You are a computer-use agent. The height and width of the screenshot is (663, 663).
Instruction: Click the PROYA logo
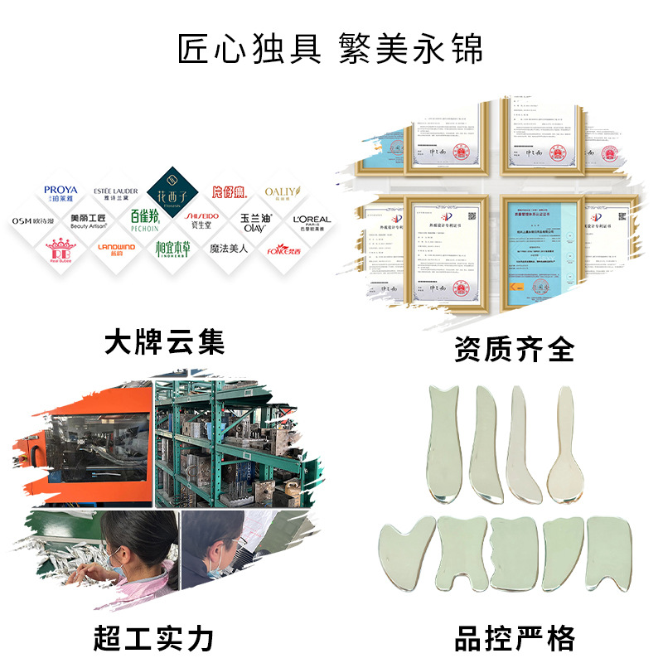[x=60, y=194]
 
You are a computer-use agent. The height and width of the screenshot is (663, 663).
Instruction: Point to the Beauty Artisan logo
[x=89, y=221]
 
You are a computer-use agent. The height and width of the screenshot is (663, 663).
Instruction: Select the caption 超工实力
[x=154, y=638]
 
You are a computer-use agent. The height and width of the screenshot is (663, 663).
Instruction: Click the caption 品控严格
[x=514, y=638]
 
